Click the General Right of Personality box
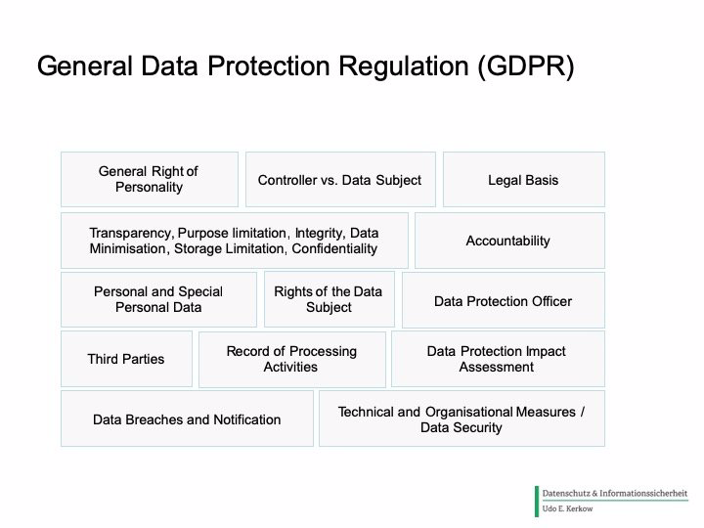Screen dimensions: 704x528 coord(150,179)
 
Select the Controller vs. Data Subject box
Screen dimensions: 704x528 coord(340,179)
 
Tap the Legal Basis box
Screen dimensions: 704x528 coord(524,179)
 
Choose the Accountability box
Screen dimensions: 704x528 coord(509,241)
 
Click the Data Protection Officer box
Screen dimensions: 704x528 coord(504,300)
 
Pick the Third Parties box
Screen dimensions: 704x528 coord(126,359)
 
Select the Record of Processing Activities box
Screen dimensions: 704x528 coord(291,359)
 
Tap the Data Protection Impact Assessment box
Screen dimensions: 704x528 coord(498,359)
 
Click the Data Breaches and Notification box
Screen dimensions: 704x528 coord(187,418)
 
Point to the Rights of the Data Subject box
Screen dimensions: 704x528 coord(330,299)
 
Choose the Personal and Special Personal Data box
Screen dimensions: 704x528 coord(159,299)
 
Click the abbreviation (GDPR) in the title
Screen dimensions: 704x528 coord(526,66)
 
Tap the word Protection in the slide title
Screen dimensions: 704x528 coord(269,66)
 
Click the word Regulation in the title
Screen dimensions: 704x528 coord(404,66)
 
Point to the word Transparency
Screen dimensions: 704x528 coord(131,234)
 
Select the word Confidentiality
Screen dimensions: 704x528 coord(334,248)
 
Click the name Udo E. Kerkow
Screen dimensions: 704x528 coord(567,508)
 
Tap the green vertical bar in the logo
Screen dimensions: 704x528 coord(537,502)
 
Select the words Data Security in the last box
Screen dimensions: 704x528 coord(462,427)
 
